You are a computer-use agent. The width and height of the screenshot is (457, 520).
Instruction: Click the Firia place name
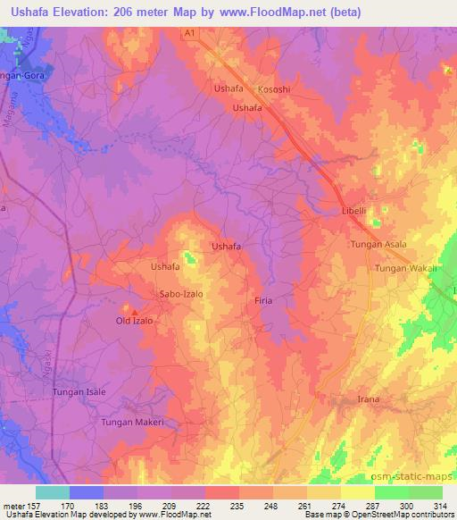(263, 300)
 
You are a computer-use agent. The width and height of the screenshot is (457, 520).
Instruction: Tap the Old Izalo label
(136, 321)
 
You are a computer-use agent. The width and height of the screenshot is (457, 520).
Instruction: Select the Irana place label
(368, 398)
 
